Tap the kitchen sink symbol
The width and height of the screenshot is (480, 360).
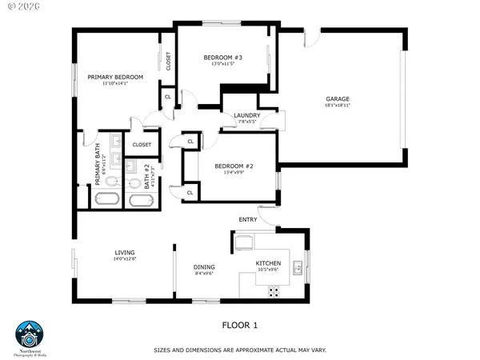pyautogui.click(x=298, y=269)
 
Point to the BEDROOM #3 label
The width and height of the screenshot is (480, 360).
pyautogui.click(x=222, y=58)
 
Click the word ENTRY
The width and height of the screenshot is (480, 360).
pyautogui.click(x=247, y=219)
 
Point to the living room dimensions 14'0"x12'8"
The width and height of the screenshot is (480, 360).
pyautogui.click(x=124, y=258)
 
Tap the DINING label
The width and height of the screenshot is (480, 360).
pyautogui.click(x=205, y=267)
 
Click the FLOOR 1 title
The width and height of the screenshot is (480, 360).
pyautogui.click(x=239, y=325)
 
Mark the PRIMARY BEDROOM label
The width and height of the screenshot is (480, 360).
pyautogui.click(x=115, y=77)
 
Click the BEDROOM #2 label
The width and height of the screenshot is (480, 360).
pyautogui.click(x=234, y=166)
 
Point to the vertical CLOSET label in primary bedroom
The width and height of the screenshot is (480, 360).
pyautogui.click(x=168, y=61)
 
